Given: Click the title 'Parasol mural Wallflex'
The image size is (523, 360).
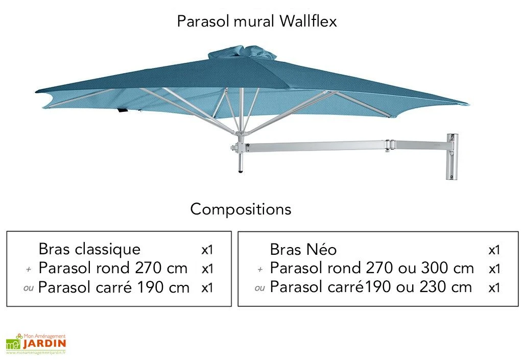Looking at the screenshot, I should click(257, 21).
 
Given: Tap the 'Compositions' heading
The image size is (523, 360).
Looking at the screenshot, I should click(241, 209).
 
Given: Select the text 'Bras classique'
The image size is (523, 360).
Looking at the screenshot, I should click(89, 249).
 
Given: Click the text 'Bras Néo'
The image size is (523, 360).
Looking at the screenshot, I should click(303, 250).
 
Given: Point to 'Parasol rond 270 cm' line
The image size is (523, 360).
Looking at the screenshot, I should click(113, 268).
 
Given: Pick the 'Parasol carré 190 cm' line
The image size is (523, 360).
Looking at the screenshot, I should click(113, 287).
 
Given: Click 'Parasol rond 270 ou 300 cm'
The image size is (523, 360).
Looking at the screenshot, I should click(371, 268).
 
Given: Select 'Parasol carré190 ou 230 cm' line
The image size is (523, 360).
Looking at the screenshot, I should click(371, 287).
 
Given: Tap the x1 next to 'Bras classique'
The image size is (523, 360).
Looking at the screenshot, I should click(207, 250).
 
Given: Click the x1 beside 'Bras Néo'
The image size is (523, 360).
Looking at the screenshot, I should click(494, 250).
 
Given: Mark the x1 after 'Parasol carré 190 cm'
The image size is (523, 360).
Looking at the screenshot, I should click(207, 288).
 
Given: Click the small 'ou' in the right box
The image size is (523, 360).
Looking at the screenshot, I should click(259, 288).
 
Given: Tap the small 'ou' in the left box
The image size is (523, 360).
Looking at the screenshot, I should click(29, 288).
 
